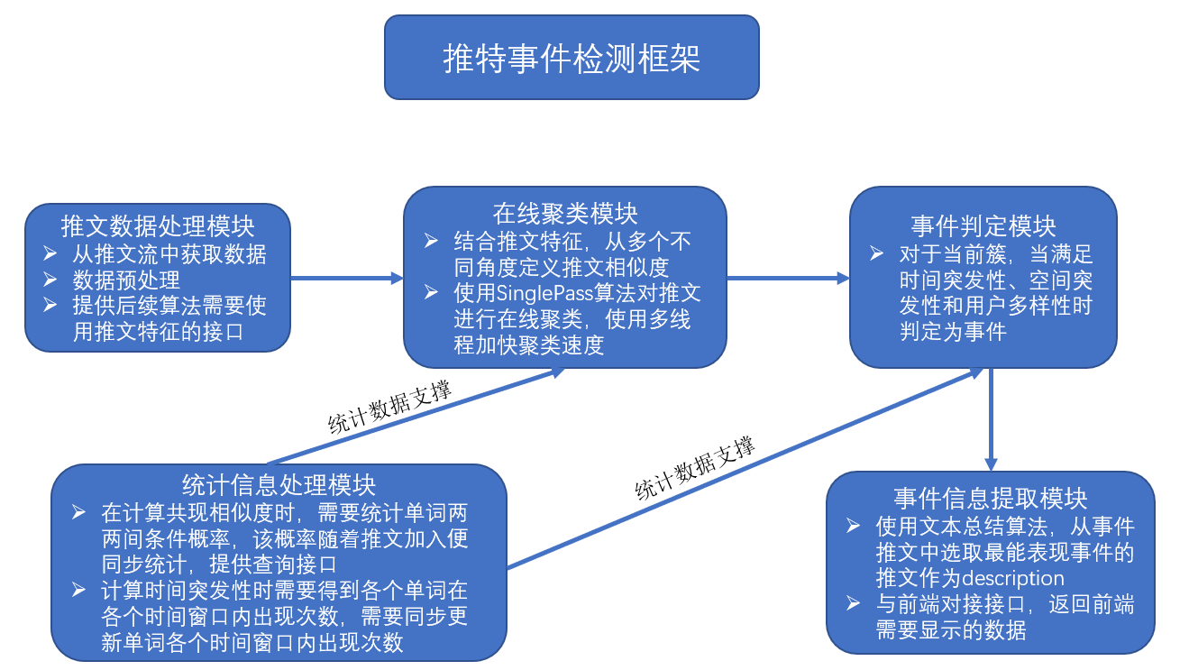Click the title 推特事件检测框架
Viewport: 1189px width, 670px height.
coord(572,59)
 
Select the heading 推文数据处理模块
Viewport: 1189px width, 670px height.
coord(158,225)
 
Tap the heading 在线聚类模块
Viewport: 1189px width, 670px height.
coord(565,213)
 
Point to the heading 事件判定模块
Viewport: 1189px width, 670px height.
coord(983,225)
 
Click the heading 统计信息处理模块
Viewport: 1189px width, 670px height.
coord(279,484)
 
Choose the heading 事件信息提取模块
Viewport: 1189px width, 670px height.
coord(991,498)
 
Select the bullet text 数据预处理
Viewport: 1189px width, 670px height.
coord(126,280)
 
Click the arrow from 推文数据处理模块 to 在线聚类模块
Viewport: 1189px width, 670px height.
coord(347,279)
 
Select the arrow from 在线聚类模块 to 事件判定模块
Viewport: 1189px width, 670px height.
coord(788,279)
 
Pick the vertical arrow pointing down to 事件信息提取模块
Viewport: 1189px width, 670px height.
coord(991,419)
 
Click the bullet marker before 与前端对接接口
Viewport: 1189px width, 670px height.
coord(854,604)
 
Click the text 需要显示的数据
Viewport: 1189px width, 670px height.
coord(951,629)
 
